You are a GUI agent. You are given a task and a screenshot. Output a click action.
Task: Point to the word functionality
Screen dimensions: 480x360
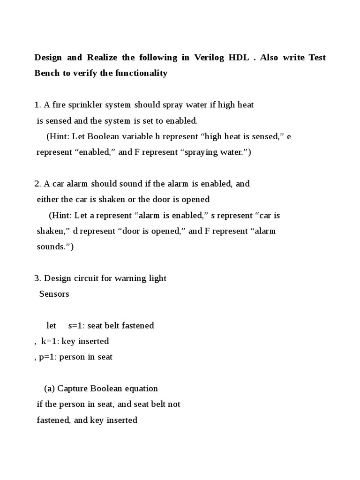tap(140, 73)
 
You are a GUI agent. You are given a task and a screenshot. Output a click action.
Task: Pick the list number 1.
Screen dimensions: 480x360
tap(37, 105)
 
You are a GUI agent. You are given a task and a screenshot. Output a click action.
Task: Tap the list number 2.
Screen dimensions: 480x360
tap(37, 184)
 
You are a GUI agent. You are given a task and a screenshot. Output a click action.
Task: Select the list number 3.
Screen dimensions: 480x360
tap(37, 278)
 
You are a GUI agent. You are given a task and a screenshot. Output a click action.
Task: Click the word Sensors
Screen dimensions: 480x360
tap(54, 294)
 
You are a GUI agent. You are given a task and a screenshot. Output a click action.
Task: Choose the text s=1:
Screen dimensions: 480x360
tap(76, 325)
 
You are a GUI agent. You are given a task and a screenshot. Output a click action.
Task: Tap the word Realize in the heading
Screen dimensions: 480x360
tap(102, 58)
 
